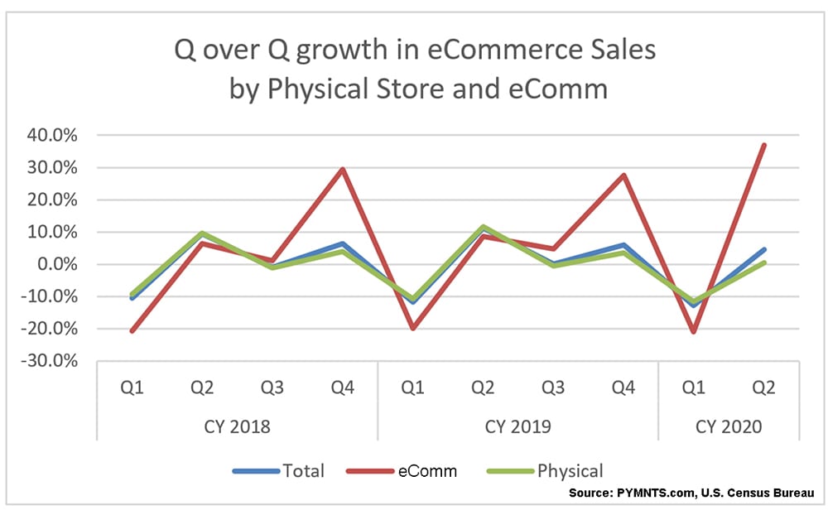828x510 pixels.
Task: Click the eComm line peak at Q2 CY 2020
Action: (x=763, y=145)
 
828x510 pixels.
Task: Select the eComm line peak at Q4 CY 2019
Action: (x=623, y=175)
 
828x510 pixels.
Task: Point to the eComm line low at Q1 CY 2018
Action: (x=132, y=331)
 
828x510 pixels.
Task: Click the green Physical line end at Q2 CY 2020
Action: (x=763, y=262)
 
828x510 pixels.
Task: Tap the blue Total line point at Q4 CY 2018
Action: (x=343, y=243)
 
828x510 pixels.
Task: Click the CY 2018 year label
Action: (x=238, y=427)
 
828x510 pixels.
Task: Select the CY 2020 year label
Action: (x=729, y=427)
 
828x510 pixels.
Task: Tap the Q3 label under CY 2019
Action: (x=553, y=387)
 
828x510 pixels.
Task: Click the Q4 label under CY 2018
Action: (x=343, y=387)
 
